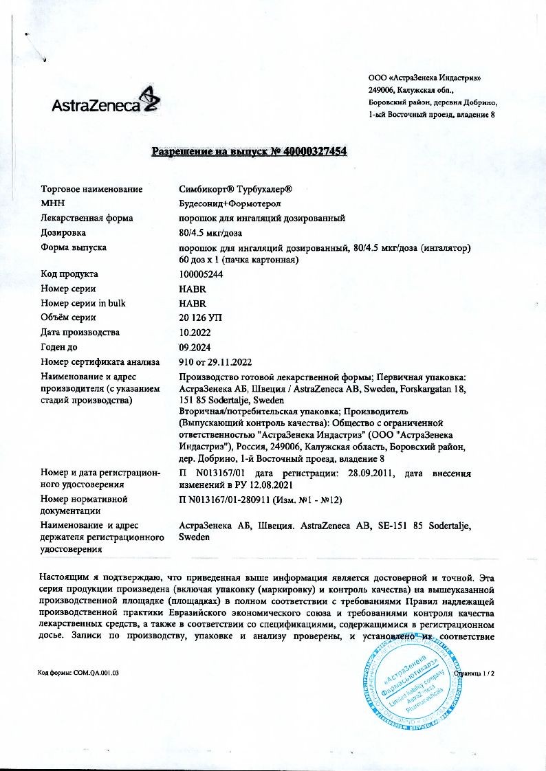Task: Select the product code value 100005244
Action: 200,274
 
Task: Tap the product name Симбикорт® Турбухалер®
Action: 236,189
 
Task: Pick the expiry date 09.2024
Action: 194,347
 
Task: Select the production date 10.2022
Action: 194,333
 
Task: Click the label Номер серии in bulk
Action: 83,303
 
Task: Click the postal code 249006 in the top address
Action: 382,90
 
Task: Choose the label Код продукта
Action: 69,274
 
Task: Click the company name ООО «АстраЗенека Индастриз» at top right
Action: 424,78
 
